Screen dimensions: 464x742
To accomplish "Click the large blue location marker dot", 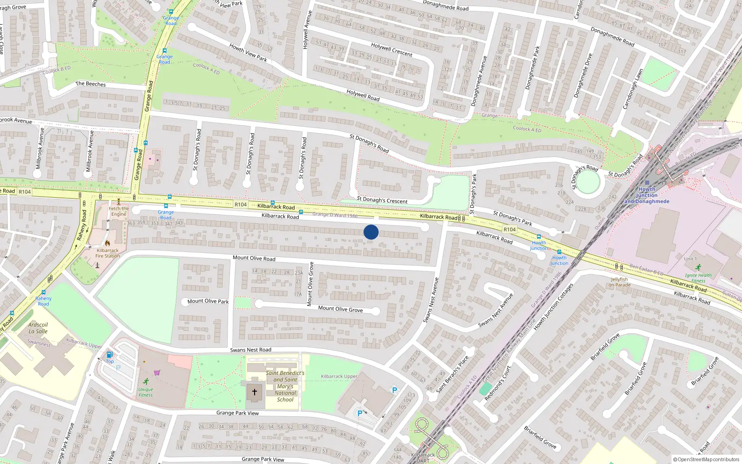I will coord(371,232).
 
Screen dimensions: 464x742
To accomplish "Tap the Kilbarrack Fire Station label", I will coord(107,253).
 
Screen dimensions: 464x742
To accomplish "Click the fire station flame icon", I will coord(107,243).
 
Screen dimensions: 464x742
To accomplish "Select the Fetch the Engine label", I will coord(119,211).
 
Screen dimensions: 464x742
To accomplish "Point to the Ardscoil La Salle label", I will coord(38,328).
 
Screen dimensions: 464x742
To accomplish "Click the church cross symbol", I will coord(254,392).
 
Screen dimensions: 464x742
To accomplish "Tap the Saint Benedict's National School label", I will coord(285,386).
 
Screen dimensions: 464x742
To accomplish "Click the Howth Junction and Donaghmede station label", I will coord(646,195).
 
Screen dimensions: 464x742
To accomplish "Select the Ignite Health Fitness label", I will coord(698,277).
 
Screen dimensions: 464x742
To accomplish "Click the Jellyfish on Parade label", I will coord(620,282).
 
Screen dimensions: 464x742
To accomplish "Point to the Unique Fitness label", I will coord(146,392).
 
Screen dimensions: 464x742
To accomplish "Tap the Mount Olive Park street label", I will coord(208,301).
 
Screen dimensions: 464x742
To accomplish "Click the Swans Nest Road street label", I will coord(250,350).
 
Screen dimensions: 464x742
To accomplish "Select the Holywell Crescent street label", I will coord(391,50).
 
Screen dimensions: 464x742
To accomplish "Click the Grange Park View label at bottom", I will coord(263,459).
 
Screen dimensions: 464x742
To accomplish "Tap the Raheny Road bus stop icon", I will coord(43,292).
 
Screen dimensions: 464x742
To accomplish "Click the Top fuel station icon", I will coord(109,355).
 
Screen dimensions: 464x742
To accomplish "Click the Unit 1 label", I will coord(690,259).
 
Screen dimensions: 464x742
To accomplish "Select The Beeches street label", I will coord(90,84).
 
